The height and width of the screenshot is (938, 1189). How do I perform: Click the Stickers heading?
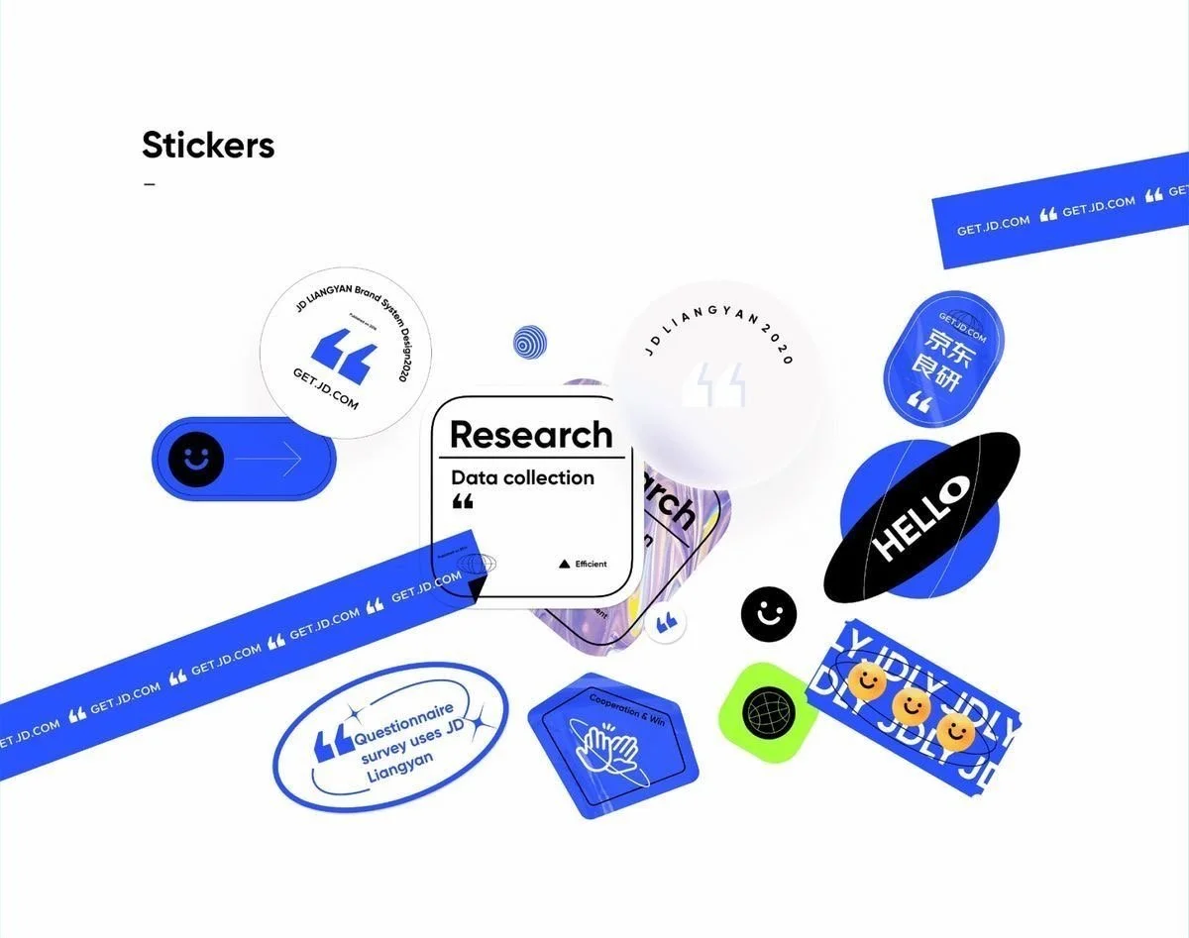pyautogui.click(x=208, y=146)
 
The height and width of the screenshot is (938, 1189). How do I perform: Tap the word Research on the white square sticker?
pyautogui.click(x=531, y=434)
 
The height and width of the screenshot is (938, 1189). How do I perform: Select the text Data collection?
pyautogui.click(x=522, y=477)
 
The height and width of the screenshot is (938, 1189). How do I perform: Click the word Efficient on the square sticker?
pyautogui.click(x=591, y=564)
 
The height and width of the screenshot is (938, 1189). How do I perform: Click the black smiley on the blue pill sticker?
pyautogui.click(x=195, y=460)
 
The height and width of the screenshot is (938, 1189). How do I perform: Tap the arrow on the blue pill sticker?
pyautogui.click(x=269, y=460)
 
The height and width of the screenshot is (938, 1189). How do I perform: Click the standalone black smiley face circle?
pyautogui.click(x=769, y=614)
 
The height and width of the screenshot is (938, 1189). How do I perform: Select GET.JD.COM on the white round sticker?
pyautogui.click(x=326, y=389)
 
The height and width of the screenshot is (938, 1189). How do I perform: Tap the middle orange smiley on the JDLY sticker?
pyautogui.click(x=911, y=705)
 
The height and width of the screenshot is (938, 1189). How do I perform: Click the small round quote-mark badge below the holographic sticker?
pyautogui.click(x=666, y=623)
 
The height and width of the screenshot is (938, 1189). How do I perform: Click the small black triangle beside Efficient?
pyautogui.click(x=565, y=564)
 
